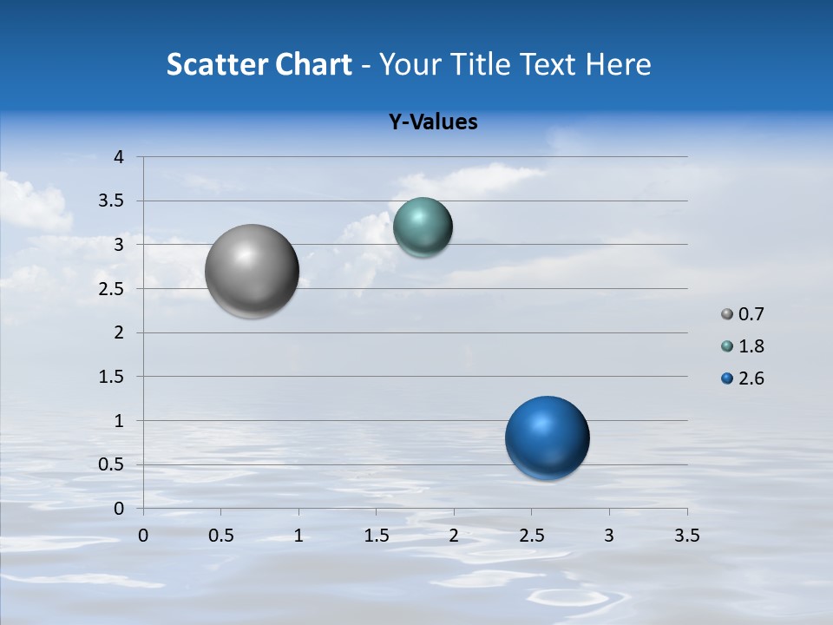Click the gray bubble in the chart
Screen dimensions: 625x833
(253, 271)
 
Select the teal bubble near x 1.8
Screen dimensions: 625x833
(423, 227)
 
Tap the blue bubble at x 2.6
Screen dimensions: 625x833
(547, 437)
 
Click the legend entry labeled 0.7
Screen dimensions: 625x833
(743, 314)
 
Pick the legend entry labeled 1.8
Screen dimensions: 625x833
(743, 346)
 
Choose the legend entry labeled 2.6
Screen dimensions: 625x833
(743, 378)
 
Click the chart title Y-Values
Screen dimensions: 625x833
(433, 122)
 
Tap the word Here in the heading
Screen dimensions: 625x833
(616, 64)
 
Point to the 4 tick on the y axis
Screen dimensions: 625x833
(120, 157)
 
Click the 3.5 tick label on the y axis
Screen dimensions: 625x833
(112, 201)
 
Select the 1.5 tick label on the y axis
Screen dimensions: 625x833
(112, 377)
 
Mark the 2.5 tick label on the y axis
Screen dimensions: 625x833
(112, 289)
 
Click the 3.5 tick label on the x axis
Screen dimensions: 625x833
(686, 536)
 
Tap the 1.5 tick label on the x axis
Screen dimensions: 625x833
(376, 536)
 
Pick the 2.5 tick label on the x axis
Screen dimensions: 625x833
(531, 536)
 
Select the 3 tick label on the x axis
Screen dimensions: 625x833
(609, 536)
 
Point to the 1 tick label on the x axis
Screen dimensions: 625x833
(298, 536)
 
